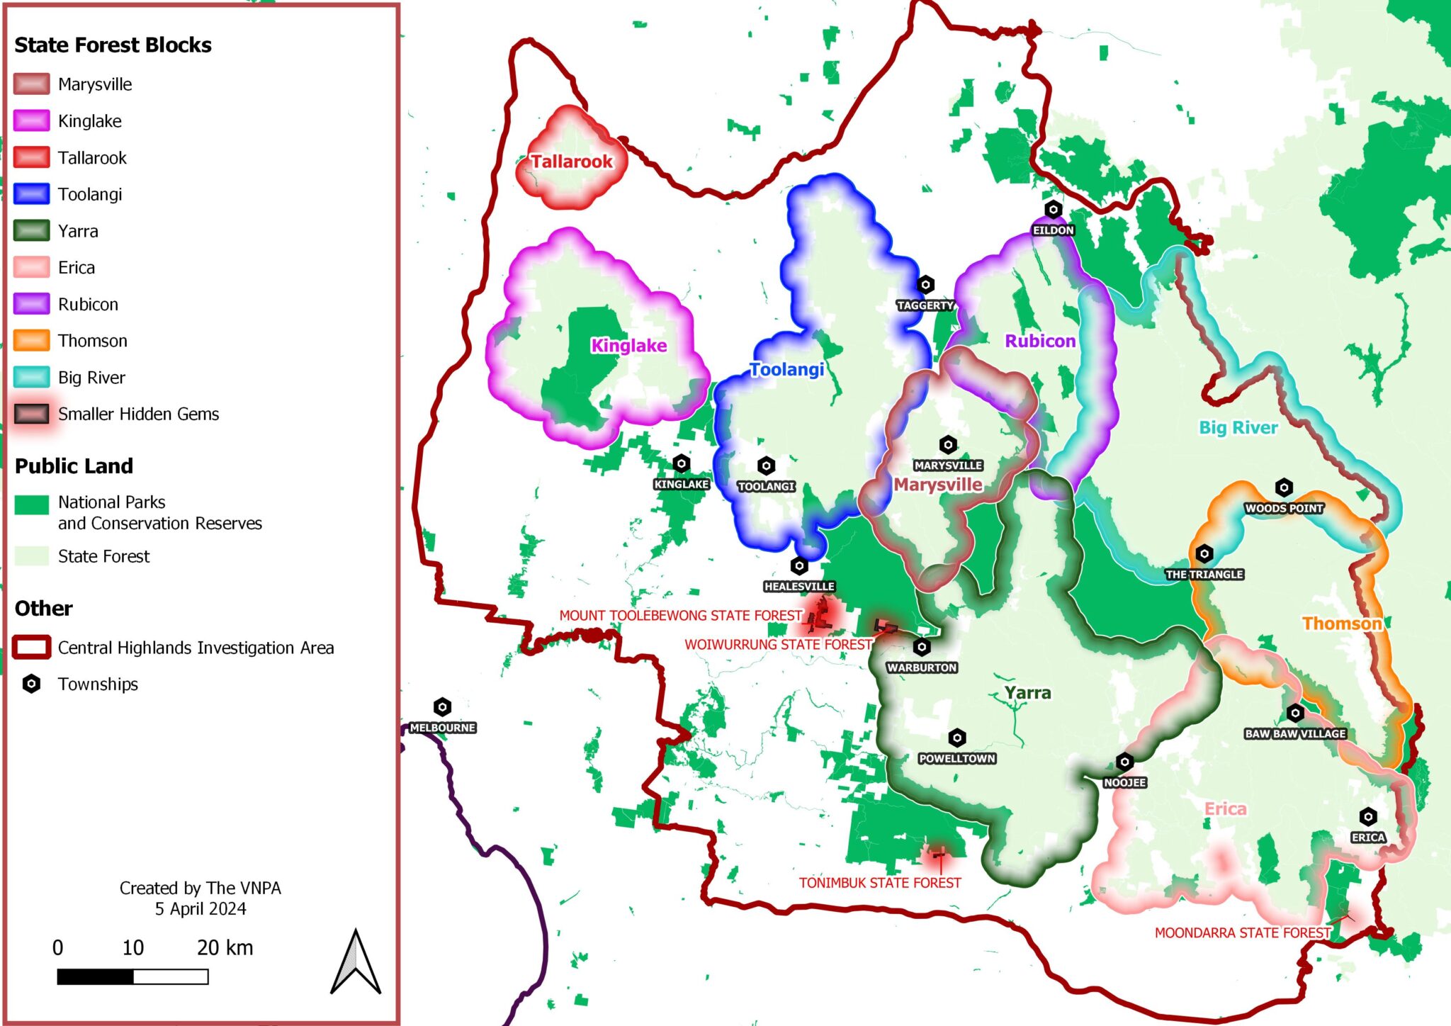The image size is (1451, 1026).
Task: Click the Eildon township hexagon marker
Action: click(x=1053, y=210)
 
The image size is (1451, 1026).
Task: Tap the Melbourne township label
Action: click(x=443, y=728)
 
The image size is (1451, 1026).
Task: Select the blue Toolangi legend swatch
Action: click(x=31, y=194)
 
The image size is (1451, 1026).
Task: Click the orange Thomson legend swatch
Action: click(x=31, y=341)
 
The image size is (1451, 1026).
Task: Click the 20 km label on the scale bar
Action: click(x=225, y=948)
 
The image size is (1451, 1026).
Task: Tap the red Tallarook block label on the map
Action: click(x=571, y=162)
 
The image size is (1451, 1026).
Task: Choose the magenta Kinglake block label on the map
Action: click(x=628, y=346)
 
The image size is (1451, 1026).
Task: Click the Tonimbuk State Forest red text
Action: click(x=880, y=883)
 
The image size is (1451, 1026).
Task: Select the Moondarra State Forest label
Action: click(x=1243, y=933)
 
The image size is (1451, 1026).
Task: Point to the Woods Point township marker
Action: click(x=1284, y=488)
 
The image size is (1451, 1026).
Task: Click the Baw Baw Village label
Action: click(x=1295, y=733)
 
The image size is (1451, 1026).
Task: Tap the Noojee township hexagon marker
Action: click(x=1124, y=762)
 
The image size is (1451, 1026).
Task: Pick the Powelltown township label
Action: click(x=957, y=758)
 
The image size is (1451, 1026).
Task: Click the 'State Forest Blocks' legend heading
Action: click(x=113, y=45)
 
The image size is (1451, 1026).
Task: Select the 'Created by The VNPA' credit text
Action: click(x=200, y=889)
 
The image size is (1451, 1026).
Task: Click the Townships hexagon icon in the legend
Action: click(x=31, y=684)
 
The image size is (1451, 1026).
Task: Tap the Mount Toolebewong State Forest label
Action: click(x=681, y=616)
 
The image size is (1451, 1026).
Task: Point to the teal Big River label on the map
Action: click(x=1238, y=427)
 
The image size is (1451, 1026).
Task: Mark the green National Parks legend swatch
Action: click(x=31, y=504)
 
